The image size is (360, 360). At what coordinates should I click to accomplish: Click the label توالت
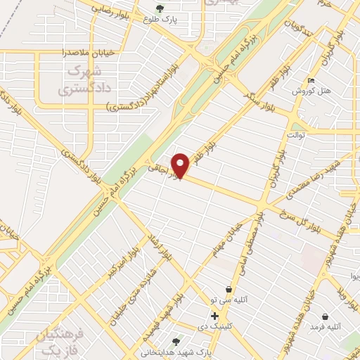(297, 134)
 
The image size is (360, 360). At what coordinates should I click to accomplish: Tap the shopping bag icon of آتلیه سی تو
(229, 289)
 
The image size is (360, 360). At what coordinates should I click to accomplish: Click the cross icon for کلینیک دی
(214, 316)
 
